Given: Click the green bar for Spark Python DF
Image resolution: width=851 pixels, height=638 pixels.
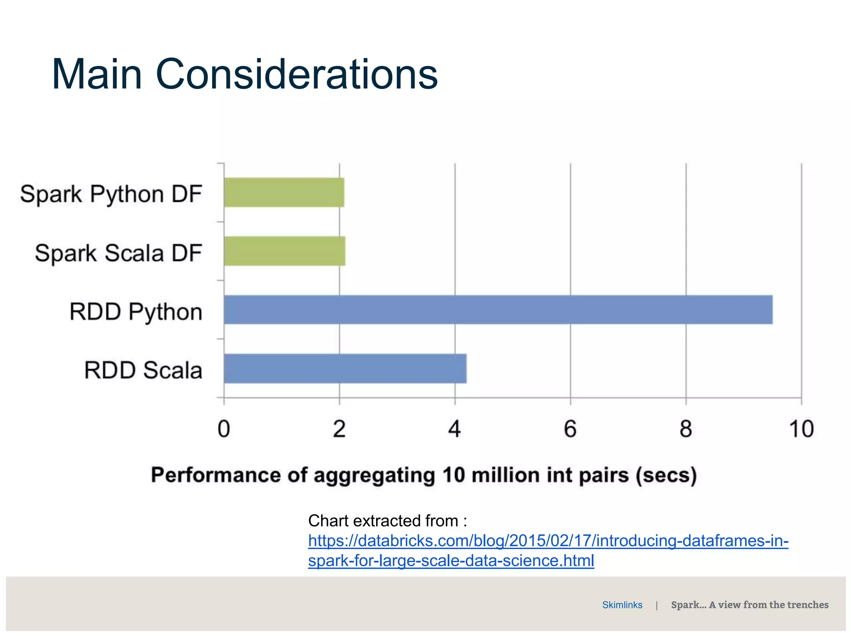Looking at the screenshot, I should tap(284, 192).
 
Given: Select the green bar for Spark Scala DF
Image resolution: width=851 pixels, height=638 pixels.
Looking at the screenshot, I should tap(284, 251).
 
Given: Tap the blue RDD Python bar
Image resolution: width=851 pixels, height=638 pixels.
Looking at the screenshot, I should tap(498, 310).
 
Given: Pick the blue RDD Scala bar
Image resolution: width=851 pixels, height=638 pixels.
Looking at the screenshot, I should tap(345, 368).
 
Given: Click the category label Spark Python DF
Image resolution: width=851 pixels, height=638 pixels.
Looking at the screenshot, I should tap(111, 194).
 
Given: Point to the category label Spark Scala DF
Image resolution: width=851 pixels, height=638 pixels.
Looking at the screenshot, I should tap(118, 253).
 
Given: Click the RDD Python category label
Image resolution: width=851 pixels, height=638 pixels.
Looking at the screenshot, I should tap(136, 312).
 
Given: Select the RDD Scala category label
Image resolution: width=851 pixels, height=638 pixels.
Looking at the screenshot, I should tap(143, 370).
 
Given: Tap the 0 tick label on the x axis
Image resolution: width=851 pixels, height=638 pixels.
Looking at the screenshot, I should tap(224, 429).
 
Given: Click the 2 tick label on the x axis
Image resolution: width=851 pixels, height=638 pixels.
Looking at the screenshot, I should tap(339, 429).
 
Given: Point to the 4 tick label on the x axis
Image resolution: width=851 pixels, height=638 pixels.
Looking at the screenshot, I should tap(455, 429).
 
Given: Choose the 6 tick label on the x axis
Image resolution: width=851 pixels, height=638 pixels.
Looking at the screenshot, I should tap(570, 429).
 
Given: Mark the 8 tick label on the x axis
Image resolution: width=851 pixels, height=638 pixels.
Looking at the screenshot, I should tap(686, 429).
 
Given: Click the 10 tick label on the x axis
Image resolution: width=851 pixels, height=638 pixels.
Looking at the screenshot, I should tap(801, 429).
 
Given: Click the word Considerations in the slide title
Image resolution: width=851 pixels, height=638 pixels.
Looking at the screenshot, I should tap(296, 74).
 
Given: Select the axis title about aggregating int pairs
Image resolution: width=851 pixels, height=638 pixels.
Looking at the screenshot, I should tap(424, 475).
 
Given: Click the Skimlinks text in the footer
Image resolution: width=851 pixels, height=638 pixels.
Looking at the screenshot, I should tap(622, 605).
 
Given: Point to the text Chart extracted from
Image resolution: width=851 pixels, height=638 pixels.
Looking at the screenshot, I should tap(387, 520).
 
